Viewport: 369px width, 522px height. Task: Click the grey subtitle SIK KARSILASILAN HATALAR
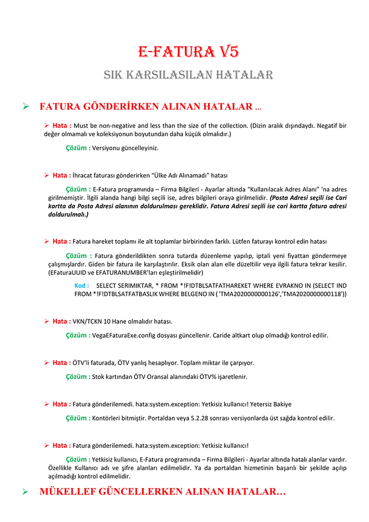click(188, 75)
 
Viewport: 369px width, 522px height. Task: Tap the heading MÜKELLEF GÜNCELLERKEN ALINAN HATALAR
click(162, 492)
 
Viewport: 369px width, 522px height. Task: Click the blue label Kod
click(81, 285)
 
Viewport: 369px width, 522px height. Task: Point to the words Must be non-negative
click(104, 125)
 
